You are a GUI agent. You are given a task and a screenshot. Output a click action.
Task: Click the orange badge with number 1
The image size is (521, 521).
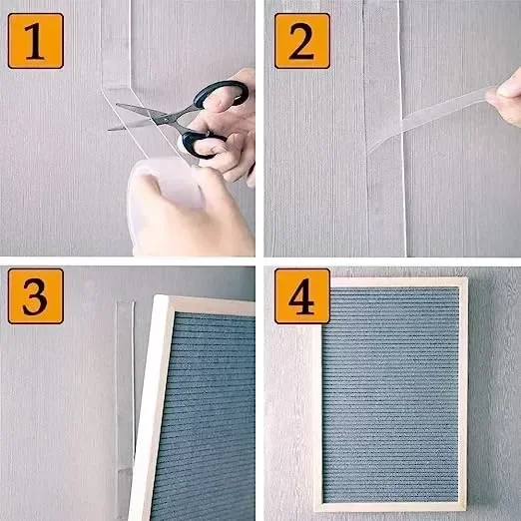coord(36,41)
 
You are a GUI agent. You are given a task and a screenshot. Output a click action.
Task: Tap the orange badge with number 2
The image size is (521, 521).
coord(302,41)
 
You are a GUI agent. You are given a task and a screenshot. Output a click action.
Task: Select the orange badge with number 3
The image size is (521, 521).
coord(36,296)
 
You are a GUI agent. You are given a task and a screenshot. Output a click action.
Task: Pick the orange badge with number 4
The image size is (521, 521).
coord(302,296)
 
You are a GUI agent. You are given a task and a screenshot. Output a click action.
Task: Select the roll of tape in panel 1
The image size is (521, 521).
coord(167,185)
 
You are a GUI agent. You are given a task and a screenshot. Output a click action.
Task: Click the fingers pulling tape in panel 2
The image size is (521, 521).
coord(505,98)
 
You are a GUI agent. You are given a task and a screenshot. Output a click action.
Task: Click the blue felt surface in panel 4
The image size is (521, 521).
coord(390,394)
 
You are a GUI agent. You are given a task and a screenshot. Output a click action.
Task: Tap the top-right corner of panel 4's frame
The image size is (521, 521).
coord(467,278)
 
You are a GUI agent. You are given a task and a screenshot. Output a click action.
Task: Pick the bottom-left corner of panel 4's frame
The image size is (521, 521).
coord(314,511)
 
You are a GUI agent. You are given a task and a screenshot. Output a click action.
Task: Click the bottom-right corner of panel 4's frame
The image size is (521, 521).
coord(466,510)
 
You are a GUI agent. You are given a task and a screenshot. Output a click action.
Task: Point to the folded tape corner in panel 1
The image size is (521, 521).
coord(117,89)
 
